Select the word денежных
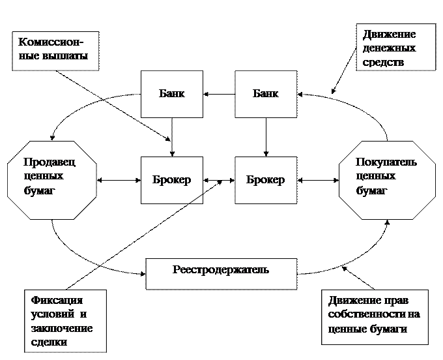(x=390, y=48)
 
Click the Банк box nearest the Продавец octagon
(x=172, y=94)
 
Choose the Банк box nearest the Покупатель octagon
(x=266, y=94)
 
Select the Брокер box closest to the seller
(x=172, y=180)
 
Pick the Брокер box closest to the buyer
(x=266, y=180)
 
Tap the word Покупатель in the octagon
(x=386, y=162)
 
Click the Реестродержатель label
(x=221, y=270)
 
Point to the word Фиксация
(x=57, y=301)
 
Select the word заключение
(x=62, y=328)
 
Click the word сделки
(x=50, y=342)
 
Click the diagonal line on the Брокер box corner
(x=195, y=198)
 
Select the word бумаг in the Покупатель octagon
(x=371, y=190)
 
